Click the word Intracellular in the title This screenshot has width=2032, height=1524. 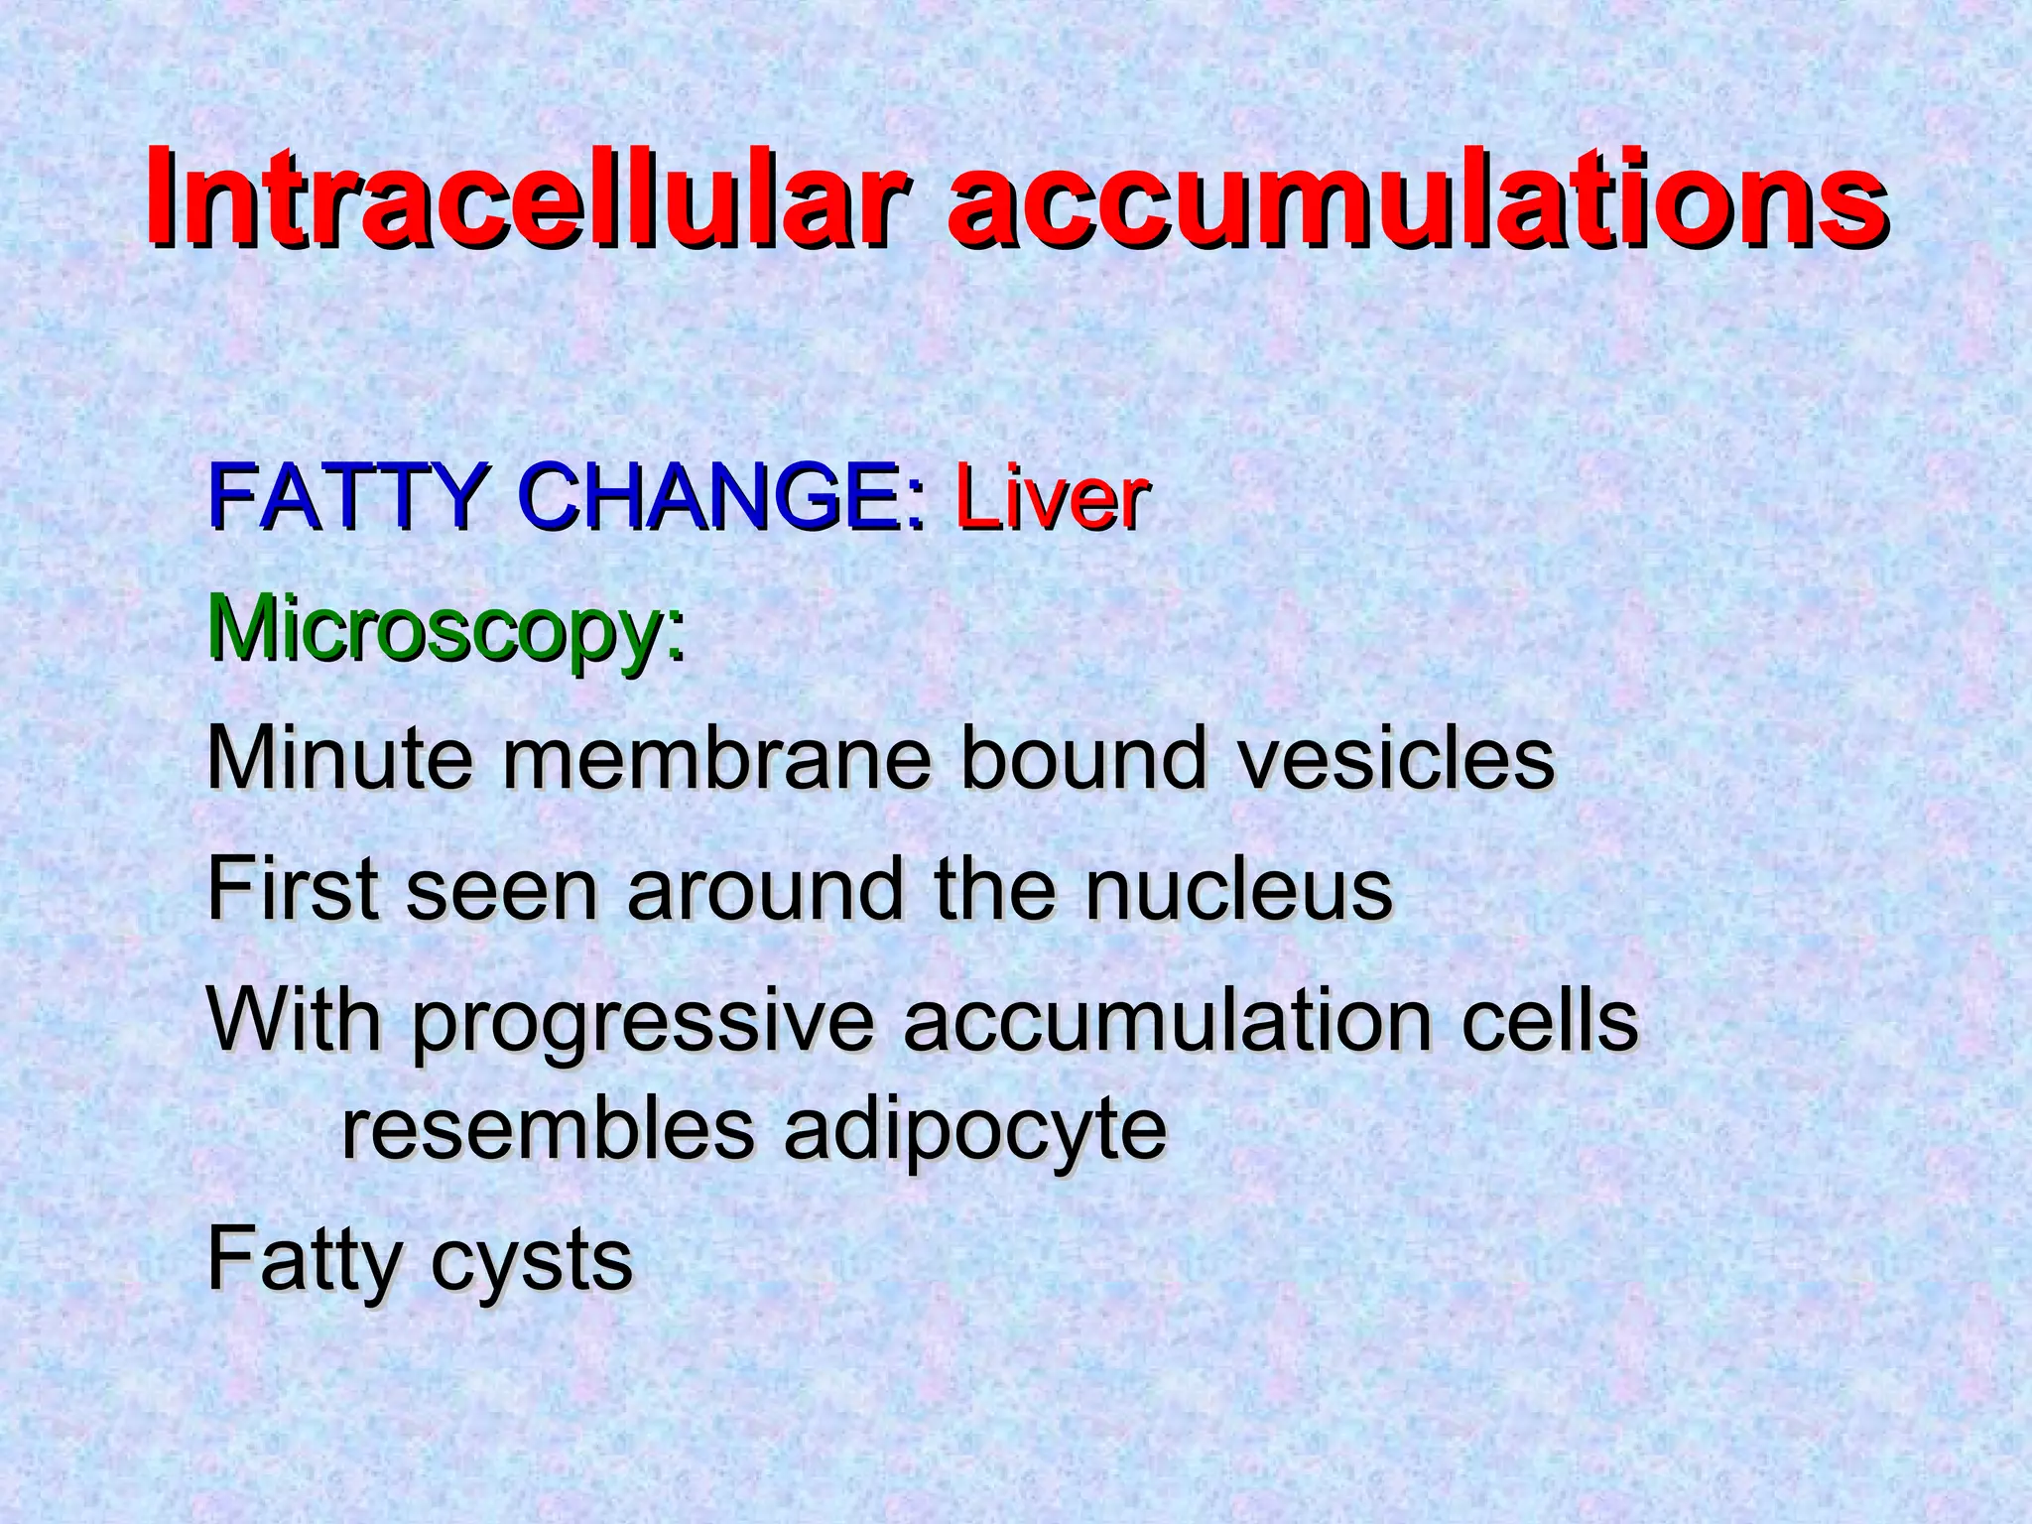coord(526,198)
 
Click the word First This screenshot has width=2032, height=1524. coord(293,890)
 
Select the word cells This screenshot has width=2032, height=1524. coord(1549,1022)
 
